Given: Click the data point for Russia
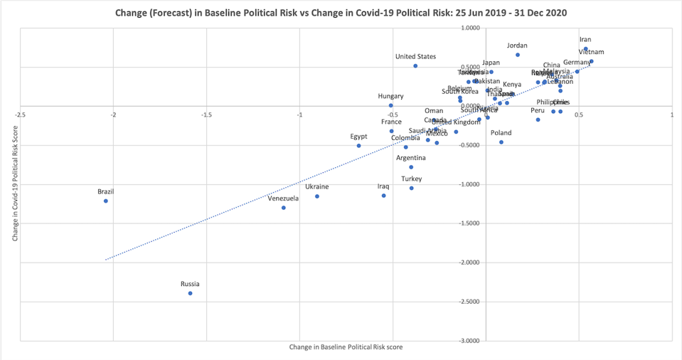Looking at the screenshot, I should (190, 293).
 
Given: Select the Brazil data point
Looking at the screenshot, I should (106, 201).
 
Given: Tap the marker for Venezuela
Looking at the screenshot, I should (283, 208).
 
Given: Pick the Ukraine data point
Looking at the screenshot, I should (317, 196).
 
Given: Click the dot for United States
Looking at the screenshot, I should (415, 66).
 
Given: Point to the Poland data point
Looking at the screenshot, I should (501, 142).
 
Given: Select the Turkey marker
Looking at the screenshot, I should (411, 188).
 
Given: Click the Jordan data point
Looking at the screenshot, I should (518, 55).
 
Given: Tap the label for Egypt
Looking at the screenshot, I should (359, 136).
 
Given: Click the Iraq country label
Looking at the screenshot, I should (383, 186).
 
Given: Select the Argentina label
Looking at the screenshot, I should (411, 157).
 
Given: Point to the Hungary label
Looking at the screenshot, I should (390, 96).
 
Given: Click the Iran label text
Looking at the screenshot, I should (585, 40).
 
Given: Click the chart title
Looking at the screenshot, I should (341, 13).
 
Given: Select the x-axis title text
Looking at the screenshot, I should (341, 347).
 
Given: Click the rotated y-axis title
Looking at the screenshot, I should (14, 184).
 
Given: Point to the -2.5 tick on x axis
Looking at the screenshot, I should (21, 114).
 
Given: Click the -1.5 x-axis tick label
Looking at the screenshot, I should (207, 114).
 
